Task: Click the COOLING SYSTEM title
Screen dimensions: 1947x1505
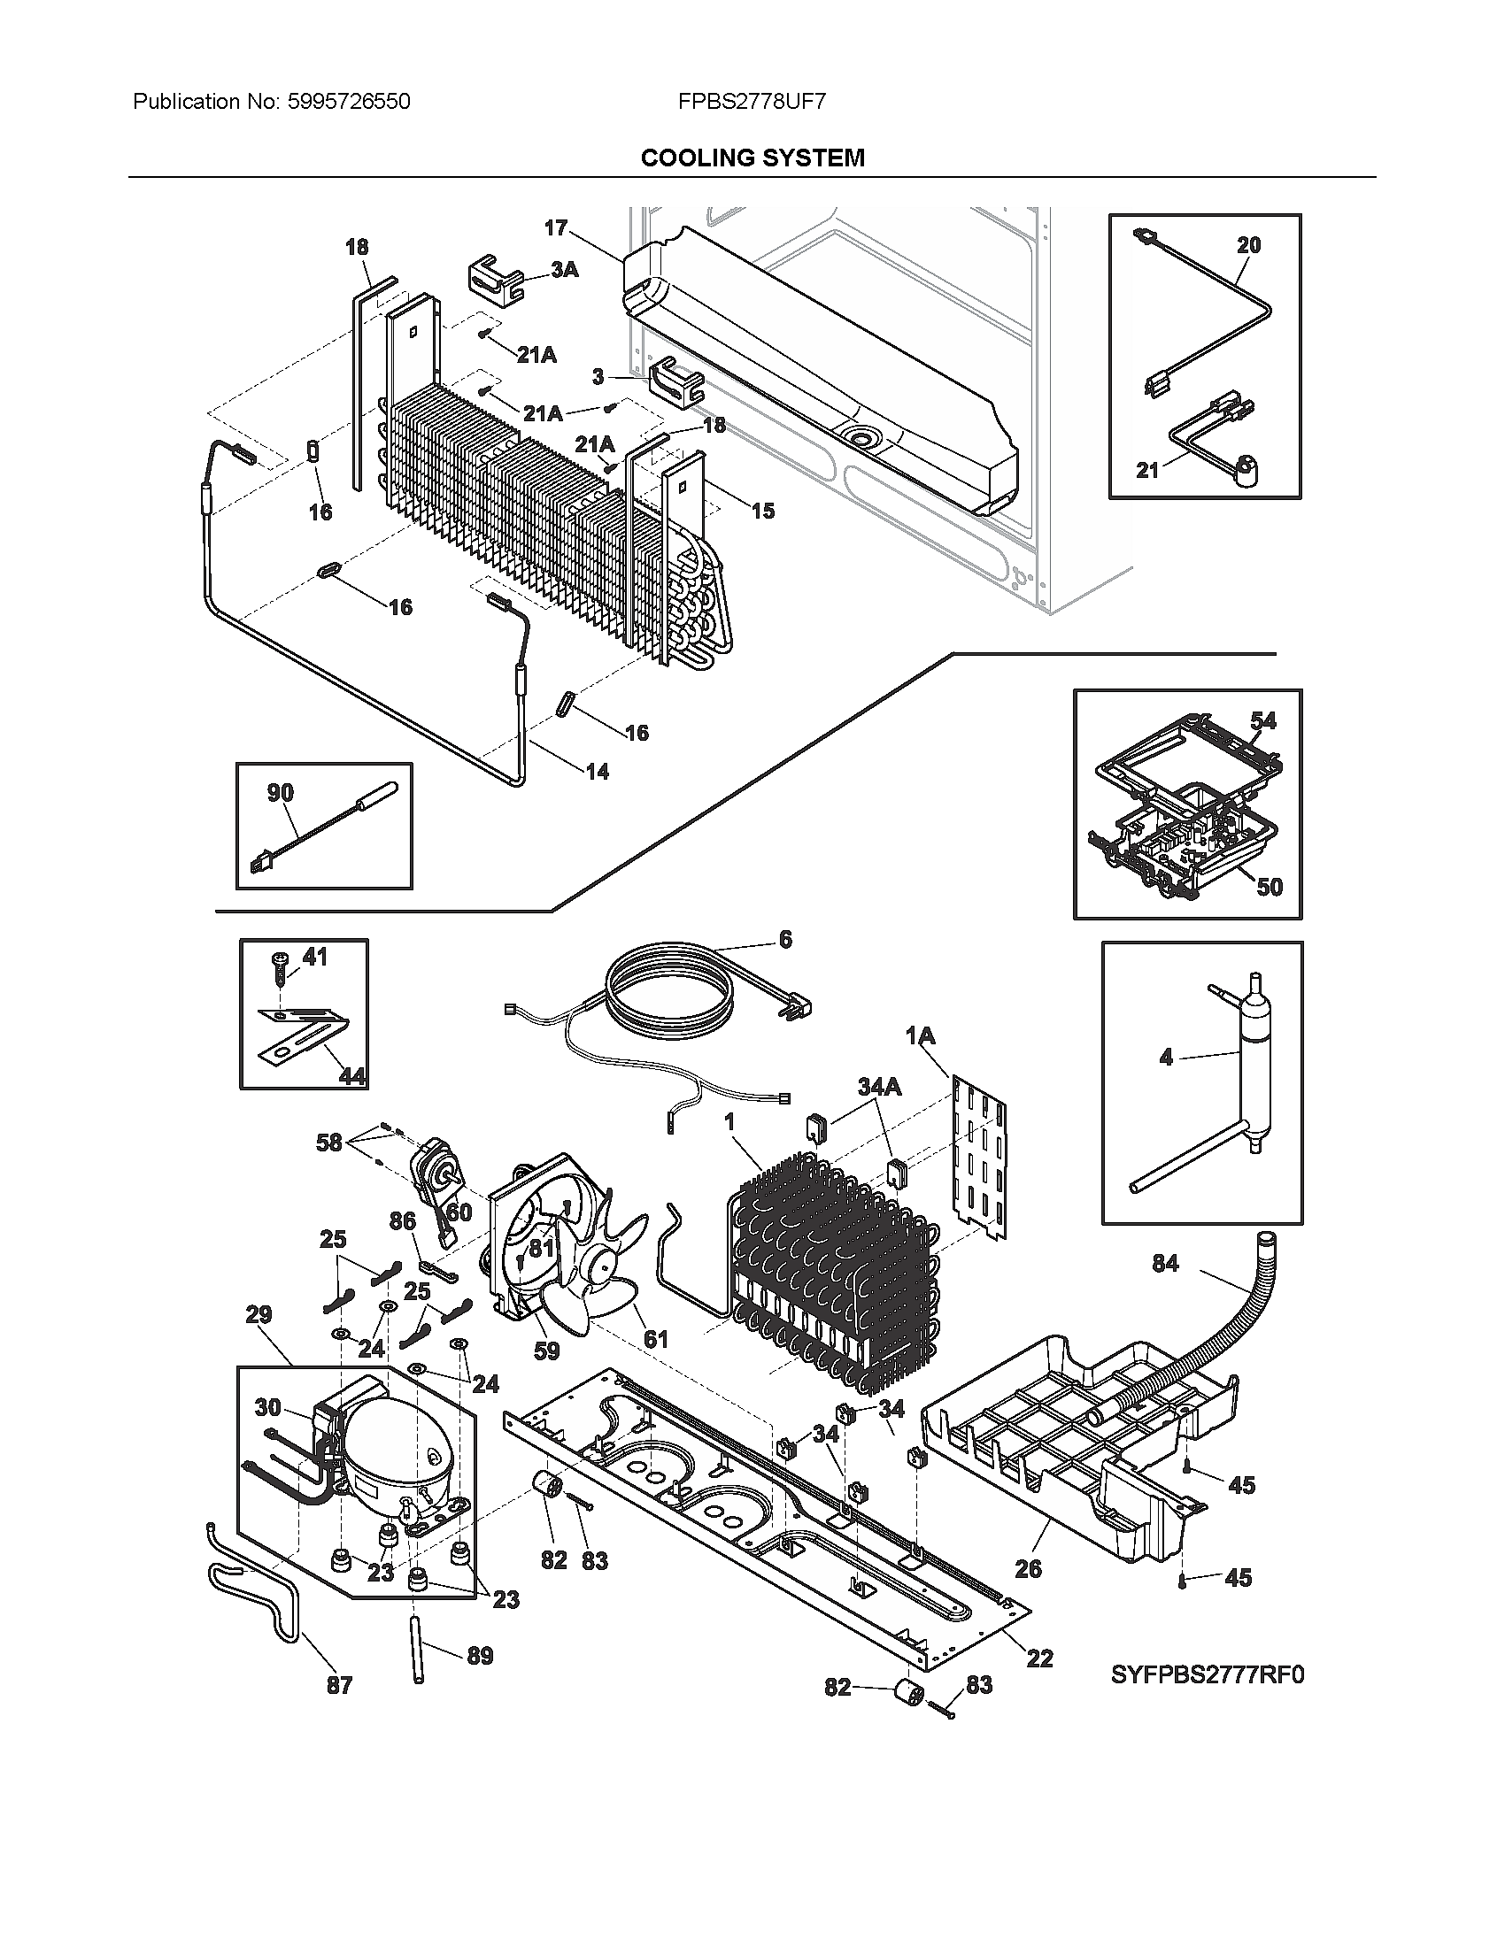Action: (x=752, y=158)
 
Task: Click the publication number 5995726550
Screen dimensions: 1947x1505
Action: (x=349, y=102)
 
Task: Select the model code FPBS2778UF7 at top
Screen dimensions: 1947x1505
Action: (x=752, y=102)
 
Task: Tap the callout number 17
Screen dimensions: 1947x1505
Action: (x=555, y=228)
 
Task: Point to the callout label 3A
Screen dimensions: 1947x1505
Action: (x=563, y=270)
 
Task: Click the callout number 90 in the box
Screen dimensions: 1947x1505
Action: (x=280, y=793)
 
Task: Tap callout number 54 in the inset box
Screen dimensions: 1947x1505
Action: (x=1262, y=720)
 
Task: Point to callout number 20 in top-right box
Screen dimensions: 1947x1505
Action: (x=1248, y=245)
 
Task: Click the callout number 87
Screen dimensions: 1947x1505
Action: (x=339, y=1685)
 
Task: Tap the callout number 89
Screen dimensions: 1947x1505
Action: (x=480, y=1656)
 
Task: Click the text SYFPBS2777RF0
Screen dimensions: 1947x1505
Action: (x=1208, y=1675)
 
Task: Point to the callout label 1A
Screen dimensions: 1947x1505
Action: (x=920, y=1036)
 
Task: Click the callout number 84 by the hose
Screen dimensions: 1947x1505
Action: (x=1165, y=1263)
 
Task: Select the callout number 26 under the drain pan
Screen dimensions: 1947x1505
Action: (x=1028, y=1568)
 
